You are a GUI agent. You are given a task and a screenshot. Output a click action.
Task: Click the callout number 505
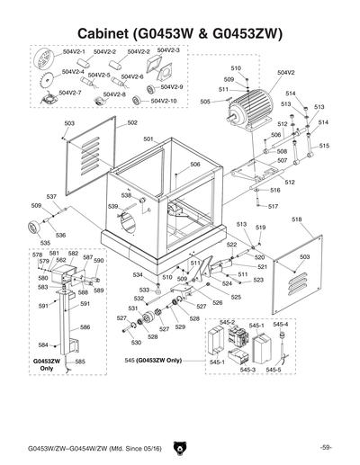pyautogui.click(x=205, y=103)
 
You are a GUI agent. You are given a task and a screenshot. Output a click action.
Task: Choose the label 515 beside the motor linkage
pyautogui.click(x=324, y=146)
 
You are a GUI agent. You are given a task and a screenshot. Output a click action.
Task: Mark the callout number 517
pyautogui.click(x=273, y=207)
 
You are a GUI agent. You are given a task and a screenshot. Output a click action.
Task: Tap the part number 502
pyautogui.click(x=132, y=122)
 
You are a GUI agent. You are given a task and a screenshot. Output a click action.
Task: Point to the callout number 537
pyautogui.click(x=51, y=196)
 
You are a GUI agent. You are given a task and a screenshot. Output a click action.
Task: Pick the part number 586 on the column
pyautogui.click(x=85, y=327)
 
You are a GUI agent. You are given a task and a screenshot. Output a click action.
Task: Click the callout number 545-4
pyautogui.click(x=281, y=324)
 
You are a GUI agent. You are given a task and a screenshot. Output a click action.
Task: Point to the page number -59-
pyautogui.click(x=326, y=447)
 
